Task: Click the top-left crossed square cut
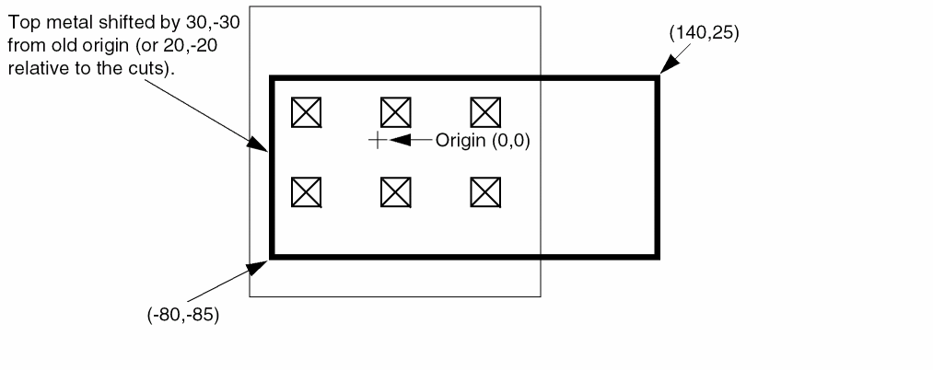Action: tap(307, 112)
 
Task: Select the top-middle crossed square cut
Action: tap(396, 112)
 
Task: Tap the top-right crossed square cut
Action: tap(485, 112)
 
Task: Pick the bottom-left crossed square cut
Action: tap(307, 192)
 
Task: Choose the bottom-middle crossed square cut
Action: tap(396, 192)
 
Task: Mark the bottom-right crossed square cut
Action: tap(485, 192)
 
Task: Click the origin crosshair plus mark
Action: tap(378, 141)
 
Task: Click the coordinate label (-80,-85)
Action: tap(183, 314)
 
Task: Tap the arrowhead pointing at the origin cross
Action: tap(401, 140)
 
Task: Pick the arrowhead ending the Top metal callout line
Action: tap(257, 144)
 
